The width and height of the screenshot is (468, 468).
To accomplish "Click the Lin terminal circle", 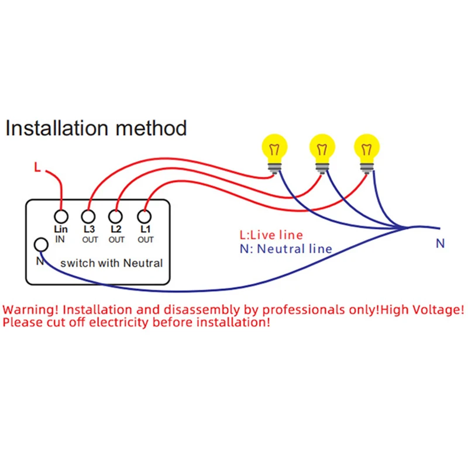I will (61, 217).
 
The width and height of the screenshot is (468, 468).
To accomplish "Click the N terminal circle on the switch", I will (41, 245).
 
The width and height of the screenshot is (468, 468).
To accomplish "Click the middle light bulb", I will (321, 148).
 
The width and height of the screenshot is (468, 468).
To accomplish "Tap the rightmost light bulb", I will (367, 148).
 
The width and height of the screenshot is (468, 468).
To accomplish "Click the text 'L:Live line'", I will (271, 235).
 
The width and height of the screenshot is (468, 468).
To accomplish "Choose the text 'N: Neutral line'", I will (286, 249).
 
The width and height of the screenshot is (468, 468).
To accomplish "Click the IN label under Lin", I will (60, 239).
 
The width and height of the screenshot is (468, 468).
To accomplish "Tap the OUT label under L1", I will (146, 239).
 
